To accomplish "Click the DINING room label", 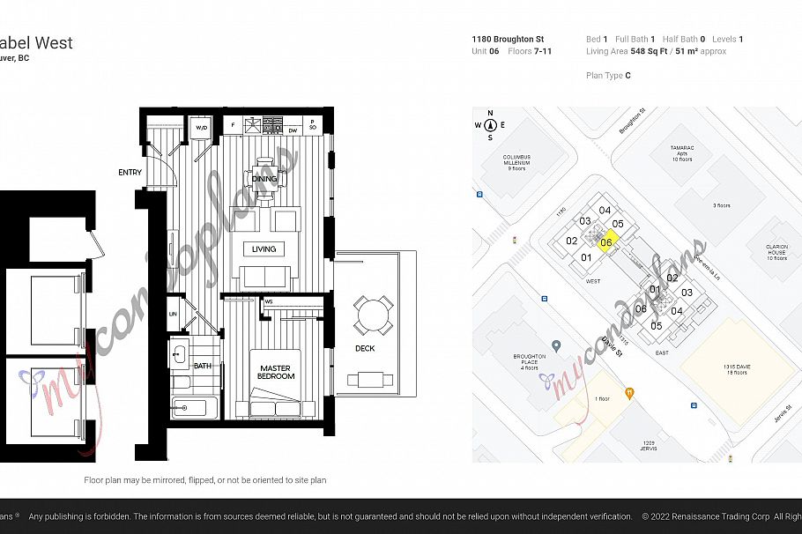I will [264, 179].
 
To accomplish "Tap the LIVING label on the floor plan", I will [264, 248].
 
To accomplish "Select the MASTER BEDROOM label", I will [277, 371].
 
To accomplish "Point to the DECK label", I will [365, 348].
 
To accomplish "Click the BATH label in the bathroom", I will [203, 366].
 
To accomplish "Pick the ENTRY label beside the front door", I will [130, 173].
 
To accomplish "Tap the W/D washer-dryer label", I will [201, 129].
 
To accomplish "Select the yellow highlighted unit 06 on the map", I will [606, 242].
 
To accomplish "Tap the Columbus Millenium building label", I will [516, 163].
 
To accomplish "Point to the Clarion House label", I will [776, 252].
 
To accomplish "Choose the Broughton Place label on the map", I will [531, 361].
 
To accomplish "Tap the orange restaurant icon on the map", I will [628, 392].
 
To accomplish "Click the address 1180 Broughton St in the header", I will [508, 40].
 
